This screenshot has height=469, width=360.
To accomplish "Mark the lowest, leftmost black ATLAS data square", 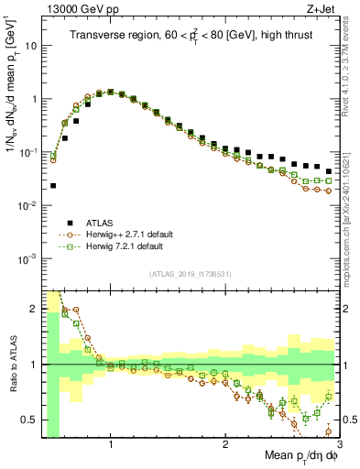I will click(x=53, y=185).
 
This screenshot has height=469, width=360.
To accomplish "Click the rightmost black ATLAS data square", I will click(x=329, y=171).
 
